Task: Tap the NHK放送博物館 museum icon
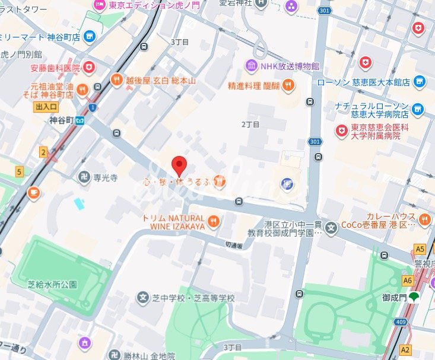[251, 65]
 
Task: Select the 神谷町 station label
[62, 120]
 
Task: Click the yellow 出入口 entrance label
[46, 107]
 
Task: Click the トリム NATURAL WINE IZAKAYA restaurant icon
[214, 222]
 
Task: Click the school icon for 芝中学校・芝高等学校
[142, 297]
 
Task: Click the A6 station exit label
[407, 281]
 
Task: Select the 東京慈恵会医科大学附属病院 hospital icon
[342, 130]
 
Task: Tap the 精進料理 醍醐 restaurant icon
[288, 85]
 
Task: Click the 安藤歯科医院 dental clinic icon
[88, 67]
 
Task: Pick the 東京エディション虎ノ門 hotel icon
[99, 5]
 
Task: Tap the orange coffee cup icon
[34, 192]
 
